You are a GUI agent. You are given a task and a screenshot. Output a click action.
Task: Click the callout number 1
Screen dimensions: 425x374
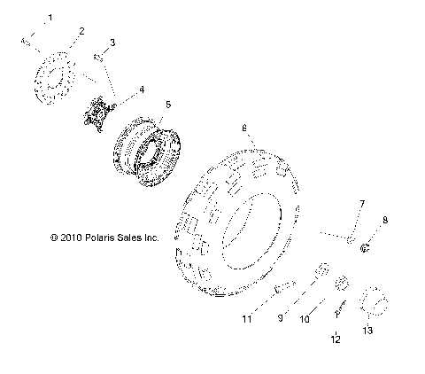(x=50, y=18)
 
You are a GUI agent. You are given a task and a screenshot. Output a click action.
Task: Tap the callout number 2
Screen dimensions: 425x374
(x=81, y=31)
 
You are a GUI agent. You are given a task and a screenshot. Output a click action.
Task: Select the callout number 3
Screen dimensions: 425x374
(x=112, y=43)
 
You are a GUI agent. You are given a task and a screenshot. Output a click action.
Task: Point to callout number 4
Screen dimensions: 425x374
(x=142, y=90)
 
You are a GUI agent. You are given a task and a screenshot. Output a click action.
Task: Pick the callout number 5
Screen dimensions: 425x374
(x=168, y=105)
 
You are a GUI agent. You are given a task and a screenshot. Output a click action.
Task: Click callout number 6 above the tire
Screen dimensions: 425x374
(x=244, y=129)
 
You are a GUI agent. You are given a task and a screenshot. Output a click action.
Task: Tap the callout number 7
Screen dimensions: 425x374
(x=362, y=204)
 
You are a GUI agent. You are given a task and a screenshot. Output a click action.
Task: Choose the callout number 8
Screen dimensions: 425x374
(x=385, y=220)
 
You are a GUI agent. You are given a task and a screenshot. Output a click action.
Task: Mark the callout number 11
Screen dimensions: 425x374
(x=247, y=319)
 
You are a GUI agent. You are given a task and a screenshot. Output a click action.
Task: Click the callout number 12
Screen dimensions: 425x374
(x=336, y=339)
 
